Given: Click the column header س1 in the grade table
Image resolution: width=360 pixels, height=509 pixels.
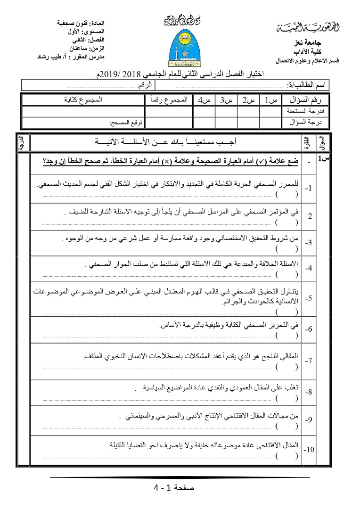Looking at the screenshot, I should tap(270, 99).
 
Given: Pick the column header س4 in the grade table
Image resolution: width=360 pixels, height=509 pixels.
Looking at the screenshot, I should tap(204, 99).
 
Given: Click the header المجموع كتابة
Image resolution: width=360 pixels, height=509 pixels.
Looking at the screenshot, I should tap(83, 99).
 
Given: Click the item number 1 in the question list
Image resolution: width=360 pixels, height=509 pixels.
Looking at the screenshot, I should tap(308, 189).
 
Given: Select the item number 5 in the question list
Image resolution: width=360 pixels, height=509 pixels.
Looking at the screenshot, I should tap(308, 299).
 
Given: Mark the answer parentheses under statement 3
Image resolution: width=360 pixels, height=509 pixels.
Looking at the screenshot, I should tap(287, 248).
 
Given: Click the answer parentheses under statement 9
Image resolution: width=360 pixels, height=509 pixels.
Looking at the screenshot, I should tap(287, 426).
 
